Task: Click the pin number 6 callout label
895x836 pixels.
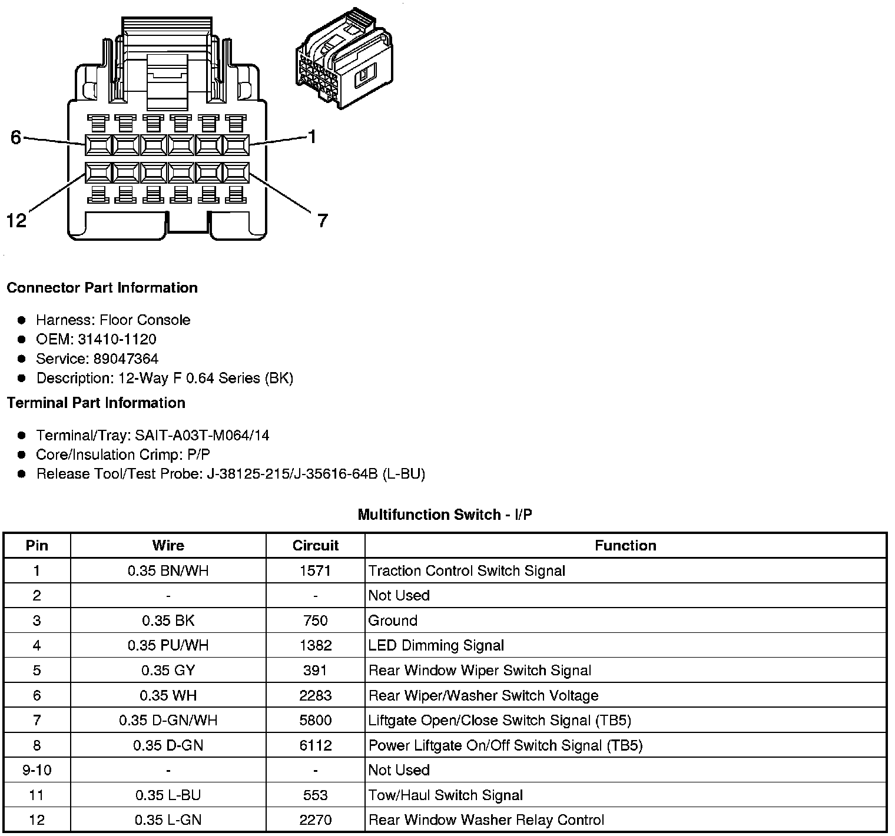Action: (16, 137)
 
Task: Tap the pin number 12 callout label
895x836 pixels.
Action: (16, 221)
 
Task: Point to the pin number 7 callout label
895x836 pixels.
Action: (322, 221)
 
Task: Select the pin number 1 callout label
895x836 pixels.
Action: (312, 137)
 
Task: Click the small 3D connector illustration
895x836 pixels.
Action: (343, 59)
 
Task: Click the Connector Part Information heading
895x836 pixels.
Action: (102, 288)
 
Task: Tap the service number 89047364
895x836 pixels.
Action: (126, 359)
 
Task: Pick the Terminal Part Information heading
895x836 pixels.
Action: (96, 403)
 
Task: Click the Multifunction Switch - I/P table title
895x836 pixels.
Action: (445, 515)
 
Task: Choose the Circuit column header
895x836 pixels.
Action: (315, 546)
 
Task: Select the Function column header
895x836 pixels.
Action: (625, 546)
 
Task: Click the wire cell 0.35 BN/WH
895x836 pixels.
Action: (168, 570)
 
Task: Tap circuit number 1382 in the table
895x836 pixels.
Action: (315, 645)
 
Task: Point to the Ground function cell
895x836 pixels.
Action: (393, 621)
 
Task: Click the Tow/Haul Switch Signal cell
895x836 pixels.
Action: (445, 795)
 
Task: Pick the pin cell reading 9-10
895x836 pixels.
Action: (37, 770)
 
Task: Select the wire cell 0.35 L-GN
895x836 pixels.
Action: (168, 820)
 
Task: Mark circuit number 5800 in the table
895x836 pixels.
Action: (315, 720)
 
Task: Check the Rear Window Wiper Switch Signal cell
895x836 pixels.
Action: (479, 671)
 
